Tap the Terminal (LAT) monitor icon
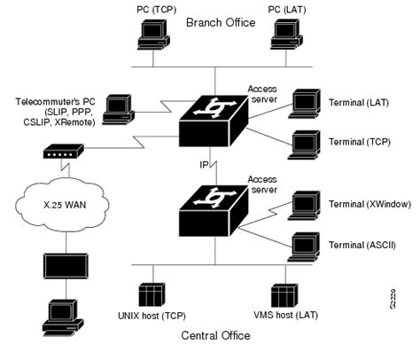pyautogui.click(x=307, y=104)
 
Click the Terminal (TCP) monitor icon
pyautogui.click(x=307, y=143)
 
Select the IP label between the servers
pyautogui.click(x=202, y=164)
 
